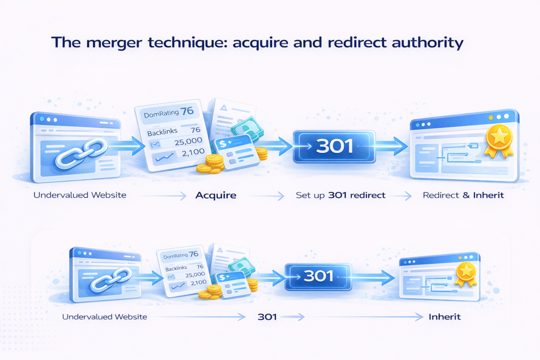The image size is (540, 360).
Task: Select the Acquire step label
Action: click(x=216, y=195)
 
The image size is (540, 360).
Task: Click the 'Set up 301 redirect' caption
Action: click(x=340, y=195)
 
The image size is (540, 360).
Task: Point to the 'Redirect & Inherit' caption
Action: click(x=464, y=195)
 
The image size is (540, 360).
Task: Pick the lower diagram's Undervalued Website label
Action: click(x=104, y=317)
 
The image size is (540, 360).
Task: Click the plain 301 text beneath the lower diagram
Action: click(x=267, y=317)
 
